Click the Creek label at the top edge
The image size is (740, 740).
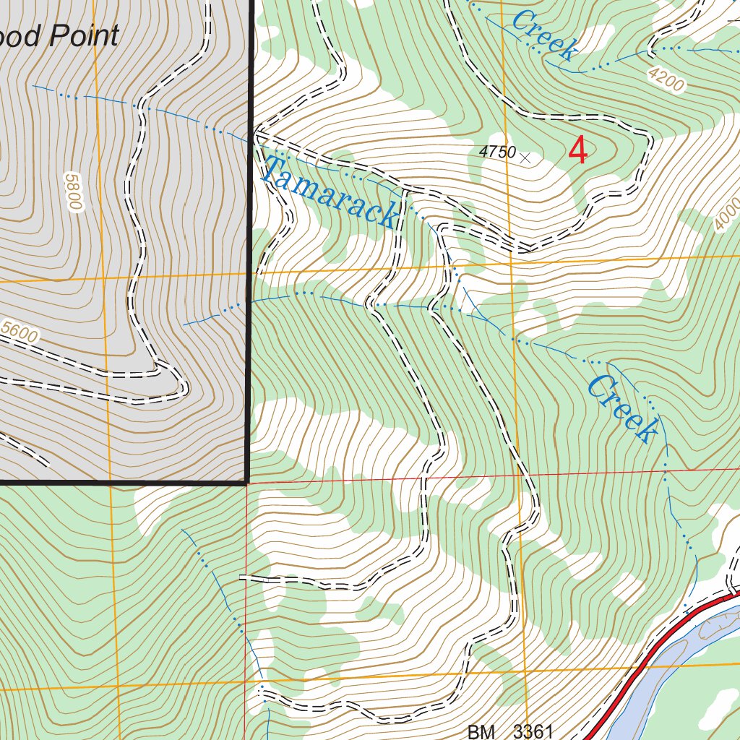[x=544, y=34]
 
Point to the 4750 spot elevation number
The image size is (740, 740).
[x=496, y=152]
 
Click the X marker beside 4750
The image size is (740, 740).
[x=525, y=157]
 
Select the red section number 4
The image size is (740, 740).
[x=578, y=151]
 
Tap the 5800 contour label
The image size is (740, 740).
[x=72, y=192]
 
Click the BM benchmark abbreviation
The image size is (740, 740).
[x=481, y=731]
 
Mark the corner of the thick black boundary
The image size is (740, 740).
[x=247, y=481]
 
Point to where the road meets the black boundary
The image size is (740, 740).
[x=255, y=134]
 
